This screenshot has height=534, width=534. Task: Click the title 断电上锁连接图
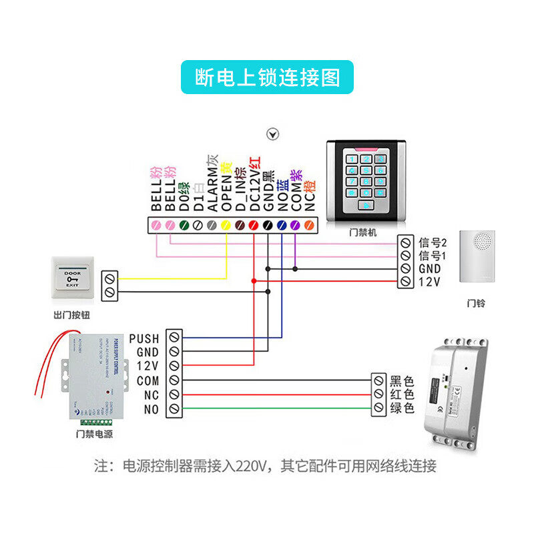coord(267,77)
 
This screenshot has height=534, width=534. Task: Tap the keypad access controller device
coord(366,181)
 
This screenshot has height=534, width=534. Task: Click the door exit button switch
coord(71,279)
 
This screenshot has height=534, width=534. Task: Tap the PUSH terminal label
coord(144,338)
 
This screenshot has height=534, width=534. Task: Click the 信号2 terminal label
coord(433,241)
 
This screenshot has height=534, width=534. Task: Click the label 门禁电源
coord(94,435)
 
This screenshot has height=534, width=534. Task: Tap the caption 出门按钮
coord(71,314)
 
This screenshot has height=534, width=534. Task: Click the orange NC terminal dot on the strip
coord(309,226)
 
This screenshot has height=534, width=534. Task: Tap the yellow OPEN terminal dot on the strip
coord(226,226)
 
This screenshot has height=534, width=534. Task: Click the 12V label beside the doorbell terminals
coord(429,282)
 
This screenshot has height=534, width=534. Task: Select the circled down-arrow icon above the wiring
coord(272,134)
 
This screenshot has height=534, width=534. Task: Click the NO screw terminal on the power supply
coord(174,409)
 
